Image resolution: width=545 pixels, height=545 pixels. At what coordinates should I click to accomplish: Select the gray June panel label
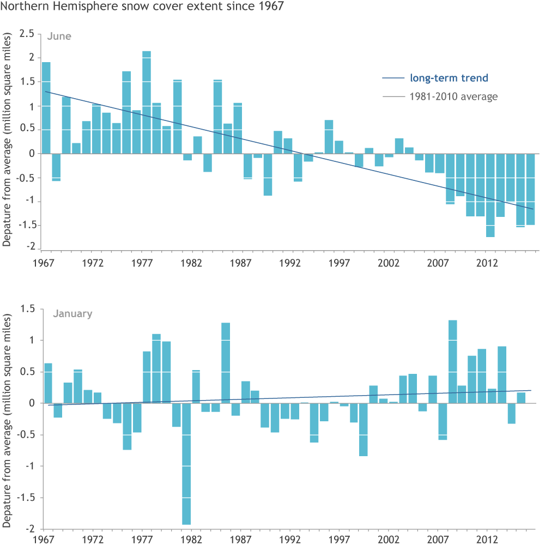tap(58, 37)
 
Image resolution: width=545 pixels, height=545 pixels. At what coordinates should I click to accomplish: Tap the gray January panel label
tap(72, 314)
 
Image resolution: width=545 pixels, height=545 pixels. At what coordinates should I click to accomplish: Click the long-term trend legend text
tap(449, 78)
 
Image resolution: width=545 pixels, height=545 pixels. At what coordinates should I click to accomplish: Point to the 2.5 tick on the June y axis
tap(27, 34)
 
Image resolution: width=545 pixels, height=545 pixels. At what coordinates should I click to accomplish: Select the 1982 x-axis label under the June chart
tap(192, 263)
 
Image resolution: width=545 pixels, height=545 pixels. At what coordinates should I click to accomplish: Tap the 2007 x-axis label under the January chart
tap(438, 539)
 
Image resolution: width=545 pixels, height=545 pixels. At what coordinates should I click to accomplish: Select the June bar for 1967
tap(46, 108)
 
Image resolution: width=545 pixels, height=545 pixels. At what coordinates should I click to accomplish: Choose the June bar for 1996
tap(329, 137)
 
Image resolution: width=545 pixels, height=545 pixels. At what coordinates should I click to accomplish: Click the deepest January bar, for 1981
tap(186, 464)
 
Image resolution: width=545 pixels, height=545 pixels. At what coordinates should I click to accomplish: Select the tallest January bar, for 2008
tap(452, 362)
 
